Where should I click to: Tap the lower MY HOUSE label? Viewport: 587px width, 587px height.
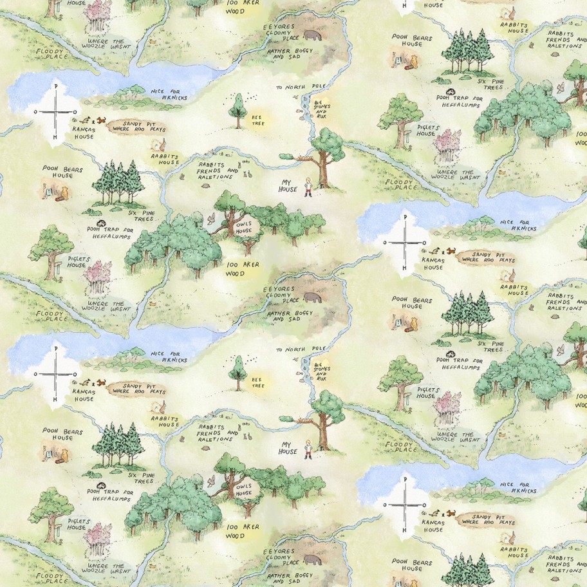point(289,447)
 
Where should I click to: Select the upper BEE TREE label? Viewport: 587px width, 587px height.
point(257,120)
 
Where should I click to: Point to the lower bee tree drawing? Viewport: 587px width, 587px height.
point(238,372)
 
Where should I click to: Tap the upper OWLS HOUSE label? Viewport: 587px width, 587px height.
point(243,227)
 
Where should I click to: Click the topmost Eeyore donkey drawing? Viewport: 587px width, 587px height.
point(315,36)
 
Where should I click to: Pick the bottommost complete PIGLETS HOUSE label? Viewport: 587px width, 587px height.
point(77,524)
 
